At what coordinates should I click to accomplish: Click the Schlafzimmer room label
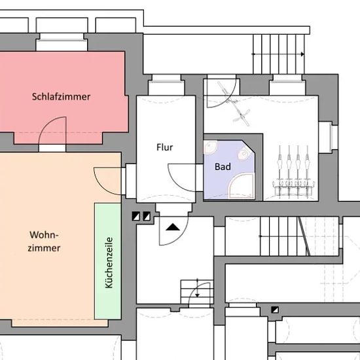pos(61,97)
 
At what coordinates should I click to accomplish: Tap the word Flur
pos(164,147)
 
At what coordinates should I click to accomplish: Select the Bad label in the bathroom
pos(223,167)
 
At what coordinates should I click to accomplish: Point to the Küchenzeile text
pos(109,262)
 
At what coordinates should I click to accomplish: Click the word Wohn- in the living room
pos(44,235)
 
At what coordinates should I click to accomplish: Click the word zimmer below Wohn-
pos(44,248)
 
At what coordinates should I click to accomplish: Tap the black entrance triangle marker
pos(173,227)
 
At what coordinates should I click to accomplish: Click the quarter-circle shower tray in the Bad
pos(242,186)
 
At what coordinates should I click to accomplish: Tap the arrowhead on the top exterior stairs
pos(302,54)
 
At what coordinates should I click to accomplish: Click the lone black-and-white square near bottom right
pos(275,310)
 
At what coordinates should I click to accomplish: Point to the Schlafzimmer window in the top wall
pos(62,42)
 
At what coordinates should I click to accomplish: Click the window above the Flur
pos(166,84)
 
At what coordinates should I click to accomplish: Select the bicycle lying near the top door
pos(234,103)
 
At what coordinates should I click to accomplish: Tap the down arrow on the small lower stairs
pos(197,295)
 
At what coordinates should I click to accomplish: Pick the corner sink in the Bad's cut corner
pos(244,154)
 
